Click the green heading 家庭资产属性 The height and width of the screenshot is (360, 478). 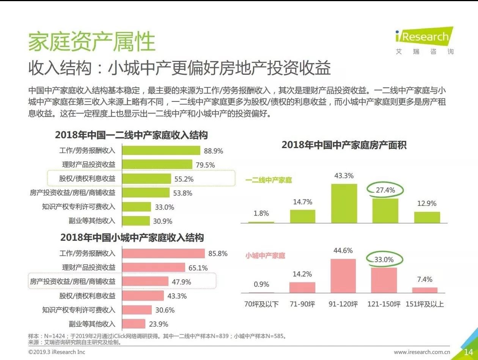click(92, 41)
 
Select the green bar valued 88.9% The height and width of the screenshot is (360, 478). click(161, 150)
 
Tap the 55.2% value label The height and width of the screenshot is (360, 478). click(184, 179)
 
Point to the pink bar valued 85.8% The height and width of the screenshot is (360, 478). click(163, 254)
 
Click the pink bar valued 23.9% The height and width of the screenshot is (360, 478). click(134, 324)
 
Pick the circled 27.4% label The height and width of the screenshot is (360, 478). click(385, 190)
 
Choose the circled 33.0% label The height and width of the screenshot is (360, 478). click(384, 260)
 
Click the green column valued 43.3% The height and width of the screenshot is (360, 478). click(344, 203)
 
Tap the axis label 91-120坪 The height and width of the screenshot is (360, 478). click(343, 304)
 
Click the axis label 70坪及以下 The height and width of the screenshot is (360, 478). click(261, 304)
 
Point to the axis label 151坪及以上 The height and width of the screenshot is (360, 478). click(425, 304)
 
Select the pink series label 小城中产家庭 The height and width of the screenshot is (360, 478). click(265, 256)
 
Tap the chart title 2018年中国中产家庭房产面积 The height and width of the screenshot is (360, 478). click(344, 145)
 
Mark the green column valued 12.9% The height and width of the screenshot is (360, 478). click(427, 217)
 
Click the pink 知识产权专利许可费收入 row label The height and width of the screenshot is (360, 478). click(79, 310)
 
